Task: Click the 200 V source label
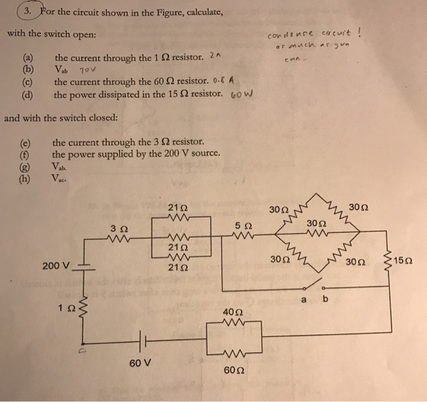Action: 56,266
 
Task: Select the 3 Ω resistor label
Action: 119,228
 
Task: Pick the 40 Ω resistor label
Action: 233,312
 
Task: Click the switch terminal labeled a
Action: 304,298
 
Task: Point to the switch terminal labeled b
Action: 325,298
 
